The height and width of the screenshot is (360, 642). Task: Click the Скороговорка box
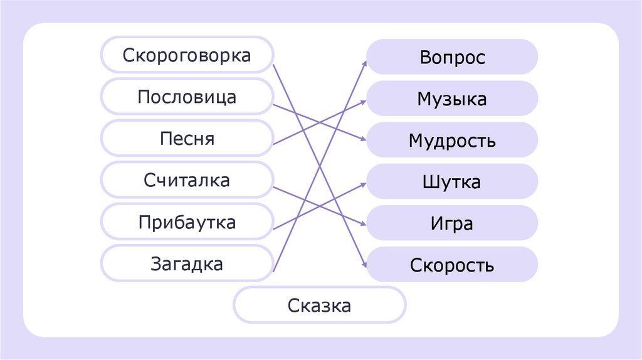coord(187,55)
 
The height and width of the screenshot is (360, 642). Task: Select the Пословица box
coord(187,97)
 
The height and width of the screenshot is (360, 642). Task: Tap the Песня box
coord(187,139)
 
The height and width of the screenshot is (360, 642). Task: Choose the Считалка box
coord(187,181)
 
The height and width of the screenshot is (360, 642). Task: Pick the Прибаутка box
coord(187,222)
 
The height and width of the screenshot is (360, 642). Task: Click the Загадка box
coord(187,264)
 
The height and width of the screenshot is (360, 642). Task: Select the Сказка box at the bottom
coord(320,307)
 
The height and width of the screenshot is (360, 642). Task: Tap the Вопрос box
coord(452,57)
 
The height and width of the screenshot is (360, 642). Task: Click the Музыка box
coord(452,98)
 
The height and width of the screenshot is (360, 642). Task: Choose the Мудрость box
coord(452,140)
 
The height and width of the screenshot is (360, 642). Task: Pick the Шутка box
coord(452,182)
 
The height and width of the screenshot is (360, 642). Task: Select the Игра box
coord(452,223)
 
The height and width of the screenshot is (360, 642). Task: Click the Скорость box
coord(452,265)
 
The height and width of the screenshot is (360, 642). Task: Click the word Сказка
coord(320,307)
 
